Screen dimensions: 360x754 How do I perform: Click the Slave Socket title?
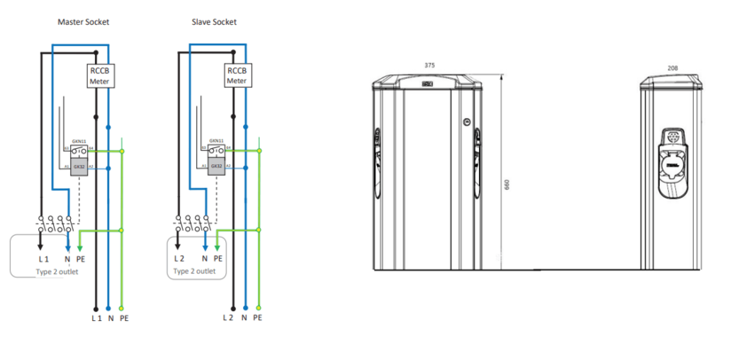[214, 20]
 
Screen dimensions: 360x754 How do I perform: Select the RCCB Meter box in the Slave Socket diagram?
[236, 75]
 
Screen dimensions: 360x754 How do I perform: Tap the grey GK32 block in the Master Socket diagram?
[79, 166]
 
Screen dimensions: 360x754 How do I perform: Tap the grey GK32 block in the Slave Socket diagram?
[216, 166]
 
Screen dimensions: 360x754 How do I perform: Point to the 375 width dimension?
[429, 65]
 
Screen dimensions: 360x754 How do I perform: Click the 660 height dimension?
[507, 184]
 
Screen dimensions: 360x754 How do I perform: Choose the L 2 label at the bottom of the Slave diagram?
[229, 317]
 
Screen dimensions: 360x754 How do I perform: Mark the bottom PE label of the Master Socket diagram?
[124, 317]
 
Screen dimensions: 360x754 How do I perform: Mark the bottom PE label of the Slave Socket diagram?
[257, 317]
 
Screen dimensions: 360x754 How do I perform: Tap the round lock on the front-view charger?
[463, 123]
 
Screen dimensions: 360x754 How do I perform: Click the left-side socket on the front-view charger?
[376, 160]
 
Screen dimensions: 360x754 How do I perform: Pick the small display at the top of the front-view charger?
[429, 85]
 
